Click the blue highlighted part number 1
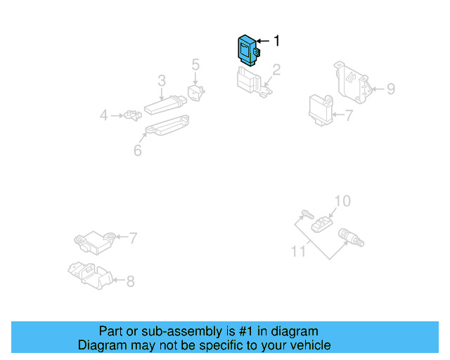coord(247,49)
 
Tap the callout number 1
coord(276,41)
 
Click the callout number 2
coord(276,70)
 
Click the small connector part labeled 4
coord(131,115)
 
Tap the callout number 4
coord(104,115)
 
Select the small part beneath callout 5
coord(196,92)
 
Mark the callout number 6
coord(138,150)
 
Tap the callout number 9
coord(391,89)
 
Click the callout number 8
coord(130,281)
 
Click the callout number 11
coord(298,250)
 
